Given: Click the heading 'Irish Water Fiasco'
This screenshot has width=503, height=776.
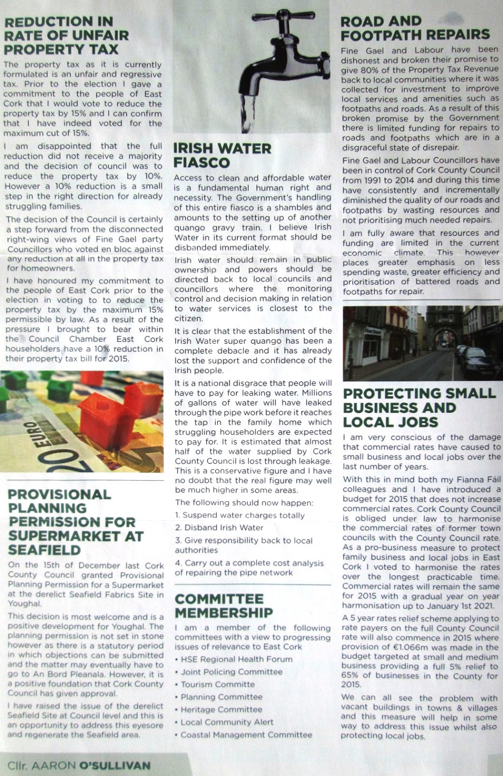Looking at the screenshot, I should (222, 155).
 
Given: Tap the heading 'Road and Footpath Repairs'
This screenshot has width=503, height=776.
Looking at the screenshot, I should (415, 28).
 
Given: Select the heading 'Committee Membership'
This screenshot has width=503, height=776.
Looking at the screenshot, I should (223, 606).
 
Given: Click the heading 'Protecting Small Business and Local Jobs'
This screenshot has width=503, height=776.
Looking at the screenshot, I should (419, 408).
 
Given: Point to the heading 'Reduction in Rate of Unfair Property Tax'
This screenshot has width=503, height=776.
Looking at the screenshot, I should (66, 36).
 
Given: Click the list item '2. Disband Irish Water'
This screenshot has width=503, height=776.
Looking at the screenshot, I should (219, 527).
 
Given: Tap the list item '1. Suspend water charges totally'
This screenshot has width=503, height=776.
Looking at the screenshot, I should (239, 515).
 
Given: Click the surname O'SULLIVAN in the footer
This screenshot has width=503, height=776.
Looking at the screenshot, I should (115, 766).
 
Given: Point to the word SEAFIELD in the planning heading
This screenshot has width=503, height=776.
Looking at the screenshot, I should (45, 550).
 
